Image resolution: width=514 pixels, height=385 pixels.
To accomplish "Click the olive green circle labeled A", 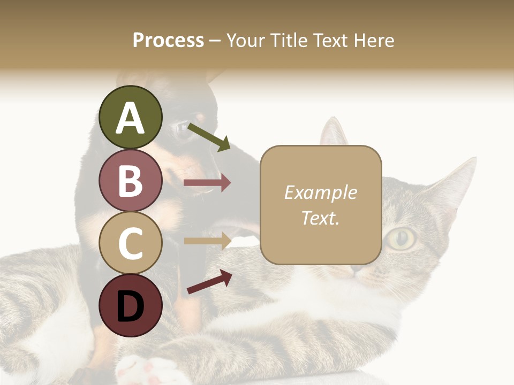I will tap(130, 117).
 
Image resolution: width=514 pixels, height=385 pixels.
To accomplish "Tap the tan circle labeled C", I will tap(130, 243).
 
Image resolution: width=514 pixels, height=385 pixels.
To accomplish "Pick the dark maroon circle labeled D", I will tap(130, 305).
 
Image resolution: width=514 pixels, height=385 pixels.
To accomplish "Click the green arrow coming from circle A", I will tap(209, 136).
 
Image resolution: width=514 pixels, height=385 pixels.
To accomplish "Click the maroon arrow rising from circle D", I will tap(209, 282).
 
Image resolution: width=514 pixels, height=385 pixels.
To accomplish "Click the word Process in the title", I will tap(168, 40).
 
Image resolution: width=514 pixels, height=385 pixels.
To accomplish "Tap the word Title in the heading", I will tap(288, 40).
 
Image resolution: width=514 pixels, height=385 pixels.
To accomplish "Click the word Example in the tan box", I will tap(320, 192).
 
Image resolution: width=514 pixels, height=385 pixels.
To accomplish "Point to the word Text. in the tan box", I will tap(320, 218).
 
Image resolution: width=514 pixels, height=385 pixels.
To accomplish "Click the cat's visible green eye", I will tap(402, 238).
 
